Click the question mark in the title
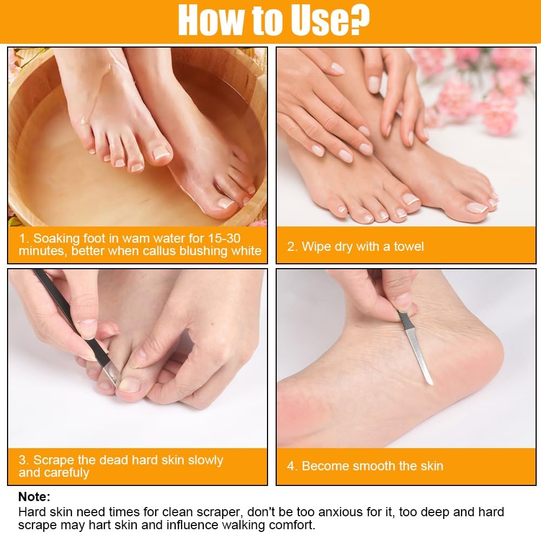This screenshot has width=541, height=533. coord(358,21)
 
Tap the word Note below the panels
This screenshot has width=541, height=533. coord(34,496)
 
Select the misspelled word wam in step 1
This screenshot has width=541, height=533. coord(137,238)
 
